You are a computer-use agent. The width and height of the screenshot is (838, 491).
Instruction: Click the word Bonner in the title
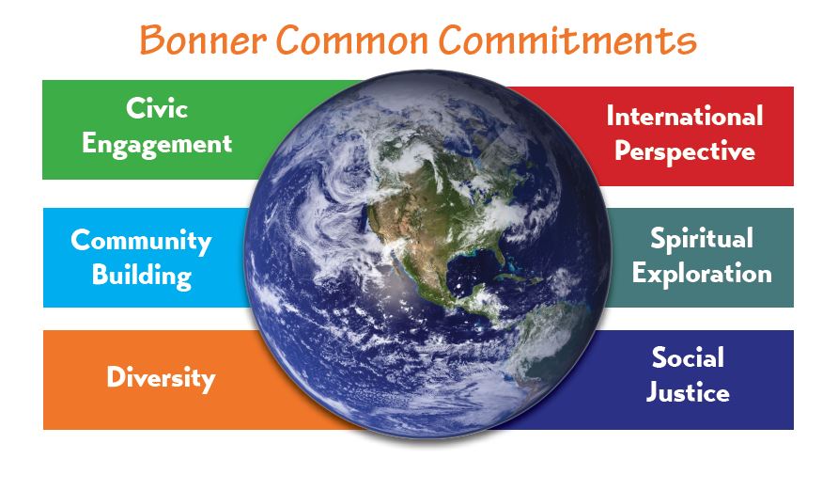(x=203, y=40)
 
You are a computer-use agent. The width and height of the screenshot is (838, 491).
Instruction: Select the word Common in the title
(x=352, y=40)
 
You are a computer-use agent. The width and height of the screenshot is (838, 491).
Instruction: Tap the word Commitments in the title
(x=567, y=40)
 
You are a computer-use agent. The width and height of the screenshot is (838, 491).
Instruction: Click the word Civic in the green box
(x=157, y=108)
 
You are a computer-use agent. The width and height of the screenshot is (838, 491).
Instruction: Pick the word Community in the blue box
(x=141, y=241)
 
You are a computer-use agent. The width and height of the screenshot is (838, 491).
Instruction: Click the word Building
(x=142, y=276)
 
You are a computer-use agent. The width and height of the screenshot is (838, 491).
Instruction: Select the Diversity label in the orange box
(x=161, y=378)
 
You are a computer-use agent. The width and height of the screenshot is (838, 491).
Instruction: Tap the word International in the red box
(x=685, y=116)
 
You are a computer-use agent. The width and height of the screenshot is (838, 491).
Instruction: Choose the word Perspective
(x=685, y=151)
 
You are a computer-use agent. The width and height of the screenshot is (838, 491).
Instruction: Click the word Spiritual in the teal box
(x=702, y=239)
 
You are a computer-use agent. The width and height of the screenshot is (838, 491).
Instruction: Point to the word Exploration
(x=702, y=274)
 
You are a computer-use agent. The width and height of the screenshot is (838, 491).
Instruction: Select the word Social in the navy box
(x=688, y=357)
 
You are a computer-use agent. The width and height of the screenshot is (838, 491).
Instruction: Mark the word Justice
(x=688, y=392)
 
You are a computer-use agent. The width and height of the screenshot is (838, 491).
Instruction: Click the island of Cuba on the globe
(x=517, y=278)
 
